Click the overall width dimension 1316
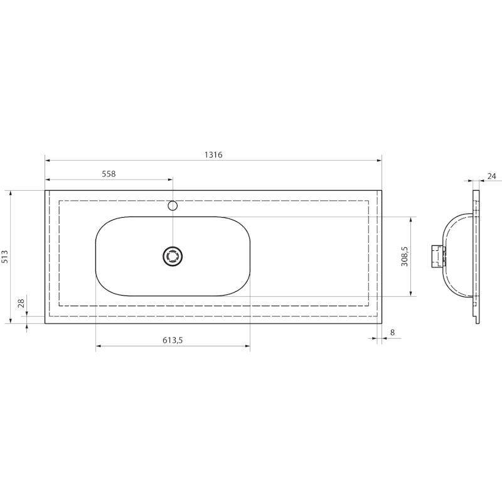tap(213, 155)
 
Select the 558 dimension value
tap(109, 174)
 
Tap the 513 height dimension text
tap(5, 257)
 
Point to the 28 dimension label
tap(21, 303)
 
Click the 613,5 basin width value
tap(173, 340)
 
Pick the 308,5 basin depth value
tap(405, 257)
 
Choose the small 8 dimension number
tap(393, 333)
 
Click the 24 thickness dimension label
tap(491, 176)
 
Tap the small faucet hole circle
tap(173, 206)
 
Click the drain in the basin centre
tap(173, 257)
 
